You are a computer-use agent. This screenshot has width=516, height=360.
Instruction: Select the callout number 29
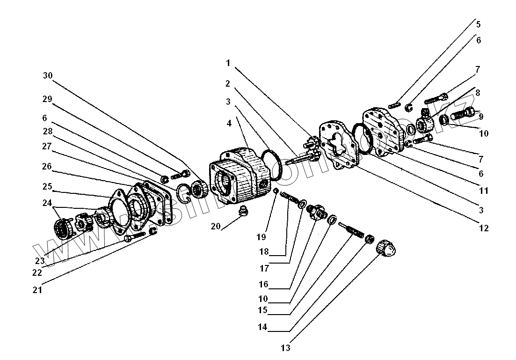click(48, 99)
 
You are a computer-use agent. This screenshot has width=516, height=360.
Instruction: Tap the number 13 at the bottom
click(286, 348)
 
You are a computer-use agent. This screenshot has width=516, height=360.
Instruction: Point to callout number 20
click(216, 226)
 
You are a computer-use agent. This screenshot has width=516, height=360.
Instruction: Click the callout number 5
click(478, 24)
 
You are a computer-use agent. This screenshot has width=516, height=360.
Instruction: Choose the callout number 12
click(483, 228)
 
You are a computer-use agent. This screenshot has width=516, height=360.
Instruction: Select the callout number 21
click(37, 290)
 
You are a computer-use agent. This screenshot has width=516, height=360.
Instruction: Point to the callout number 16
click(263, 285)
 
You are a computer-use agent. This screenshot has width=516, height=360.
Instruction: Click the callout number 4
click(229, 124)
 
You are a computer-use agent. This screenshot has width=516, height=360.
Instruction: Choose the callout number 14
click(262, 328)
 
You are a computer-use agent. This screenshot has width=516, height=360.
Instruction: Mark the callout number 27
click(47, 146)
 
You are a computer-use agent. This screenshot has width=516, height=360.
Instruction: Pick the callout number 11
click(483, 191)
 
